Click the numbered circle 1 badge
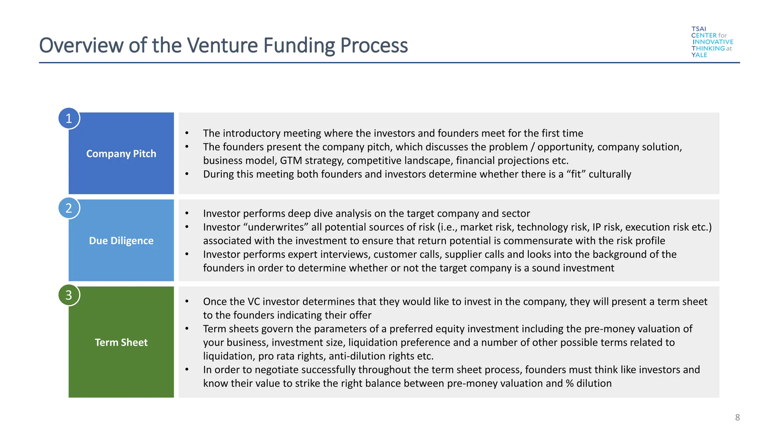(x=69, y=118)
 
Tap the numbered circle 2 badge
(x=69, y=208)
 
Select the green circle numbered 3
(x=69, y=295)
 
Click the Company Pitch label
(x=121, y=154)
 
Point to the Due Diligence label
(x=121, y=241)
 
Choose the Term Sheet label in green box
(x=121, y=342)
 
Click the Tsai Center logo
(x=712, y=42)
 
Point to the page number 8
(x=737, y=417)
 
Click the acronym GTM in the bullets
(x=291, y=160)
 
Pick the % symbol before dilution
(x=569, y=383)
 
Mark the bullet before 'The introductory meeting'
(x=187, y=133)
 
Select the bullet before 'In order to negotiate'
(x=187, y=370)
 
